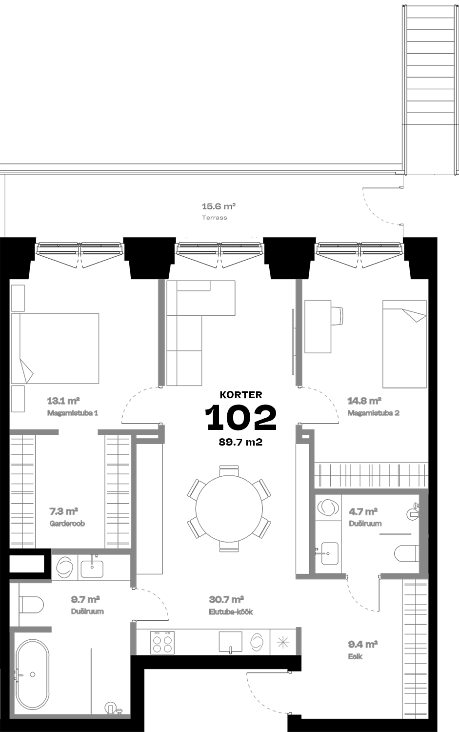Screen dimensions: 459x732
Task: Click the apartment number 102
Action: click(241, 417)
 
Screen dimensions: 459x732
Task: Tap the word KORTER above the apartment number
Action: click(241, 395)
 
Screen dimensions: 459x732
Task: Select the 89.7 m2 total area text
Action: click(241, 442)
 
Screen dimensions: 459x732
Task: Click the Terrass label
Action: click(214, 218)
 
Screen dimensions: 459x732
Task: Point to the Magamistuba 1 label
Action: click(73, 413)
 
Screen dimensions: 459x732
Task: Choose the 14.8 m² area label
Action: click(364, 400)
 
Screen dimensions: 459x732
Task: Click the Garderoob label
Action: click(67, 524)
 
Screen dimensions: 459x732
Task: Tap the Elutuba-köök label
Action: click(231, 612)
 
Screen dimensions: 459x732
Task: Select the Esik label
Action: click(355, 656)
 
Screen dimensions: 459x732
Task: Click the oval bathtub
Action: click(33, 674)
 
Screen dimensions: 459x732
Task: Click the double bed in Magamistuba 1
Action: click(55, 348)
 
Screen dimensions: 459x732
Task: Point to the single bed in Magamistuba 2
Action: click(404, 344)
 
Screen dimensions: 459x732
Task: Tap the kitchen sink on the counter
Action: click(230, 643)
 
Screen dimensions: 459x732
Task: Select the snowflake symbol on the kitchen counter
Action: click(283, 643)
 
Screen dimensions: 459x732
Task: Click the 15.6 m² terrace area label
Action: click(219, 206)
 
